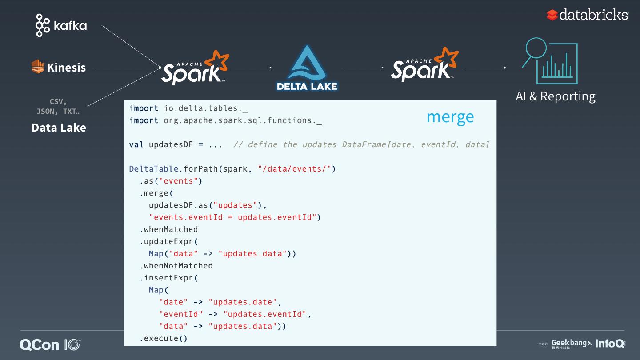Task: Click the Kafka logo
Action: click(61, 25)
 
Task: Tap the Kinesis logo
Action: click(59, 68)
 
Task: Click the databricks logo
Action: click(588, 15)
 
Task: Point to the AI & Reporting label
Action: click(555, 96)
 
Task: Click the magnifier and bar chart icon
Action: click(550, 61)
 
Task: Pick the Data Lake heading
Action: click(59, 128)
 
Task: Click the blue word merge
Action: click(450, 117)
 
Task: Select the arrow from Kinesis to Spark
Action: click(127, 68)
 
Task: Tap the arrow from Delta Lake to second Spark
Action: click(362, 68)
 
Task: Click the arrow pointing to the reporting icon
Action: click(485, 68)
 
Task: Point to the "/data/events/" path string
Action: click(295, 169)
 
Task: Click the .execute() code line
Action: click(164, 339)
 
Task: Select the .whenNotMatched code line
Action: click(176, 266)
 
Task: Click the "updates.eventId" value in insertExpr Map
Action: click(265, 314)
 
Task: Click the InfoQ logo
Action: click(610, 344)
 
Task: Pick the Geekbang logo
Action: click(571, 344)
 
